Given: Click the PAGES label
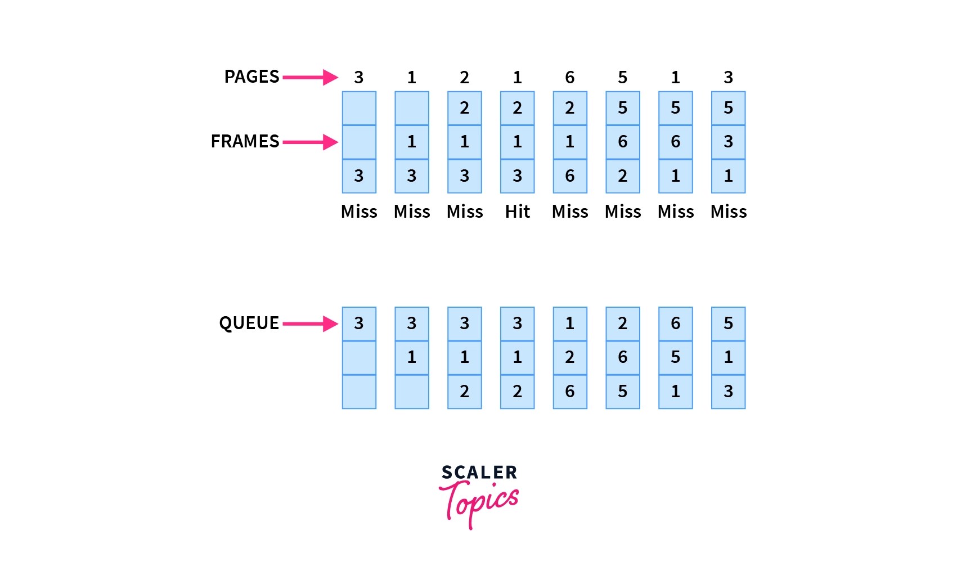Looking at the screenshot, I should point(251,77).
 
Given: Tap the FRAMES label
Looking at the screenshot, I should point(245,141).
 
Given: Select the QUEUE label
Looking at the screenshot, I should point(249,323).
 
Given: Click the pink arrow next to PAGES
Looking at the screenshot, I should point(310,77).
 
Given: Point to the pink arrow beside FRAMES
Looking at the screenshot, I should point(310,142).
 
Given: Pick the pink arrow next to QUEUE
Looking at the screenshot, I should point(310,324).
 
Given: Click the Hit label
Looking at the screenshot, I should point(517,212).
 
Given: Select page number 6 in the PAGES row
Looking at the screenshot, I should point(570,77).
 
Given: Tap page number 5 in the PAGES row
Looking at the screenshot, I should point(622,77).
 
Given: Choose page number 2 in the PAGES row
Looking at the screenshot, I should point(464,77).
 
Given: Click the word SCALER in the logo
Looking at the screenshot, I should point(479,473).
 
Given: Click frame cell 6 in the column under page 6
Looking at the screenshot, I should point(570,176).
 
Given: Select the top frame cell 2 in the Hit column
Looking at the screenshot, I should point(517,108).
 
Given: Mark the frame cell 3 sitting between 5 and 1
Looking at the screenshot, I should point(728,142).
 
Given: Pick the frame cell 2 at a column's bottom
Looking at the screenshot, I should point(622,176).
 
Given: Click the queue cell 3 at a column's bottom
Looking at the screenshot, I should point(728,391).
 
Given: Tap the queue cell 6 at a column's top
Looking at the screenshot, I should point(675,324).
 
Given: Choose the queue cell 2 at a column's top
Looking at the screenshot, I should point(622,324).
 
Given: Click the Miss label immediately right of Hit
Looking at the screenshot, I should point(570,212).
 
